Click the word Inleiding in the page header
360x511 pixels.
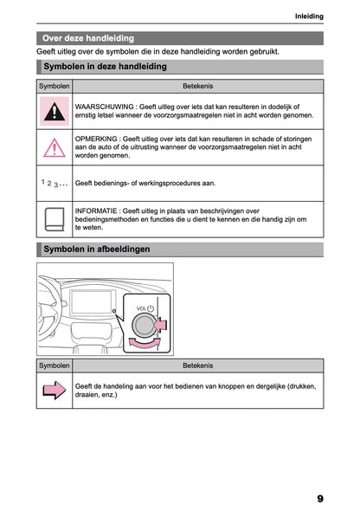coord(309,16)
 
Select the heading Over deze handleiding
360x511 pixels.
coord(88,38)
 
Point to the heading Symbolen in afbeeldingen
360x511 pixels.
coord(96,249)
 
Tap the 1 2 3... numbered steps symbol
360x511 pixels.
coord(55,184)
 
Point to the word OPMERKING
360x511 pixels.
coord(96,138)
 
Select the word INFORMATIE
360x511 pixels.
coord(97,210)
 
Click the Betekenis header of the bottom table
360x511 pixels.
coord(198,365)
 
